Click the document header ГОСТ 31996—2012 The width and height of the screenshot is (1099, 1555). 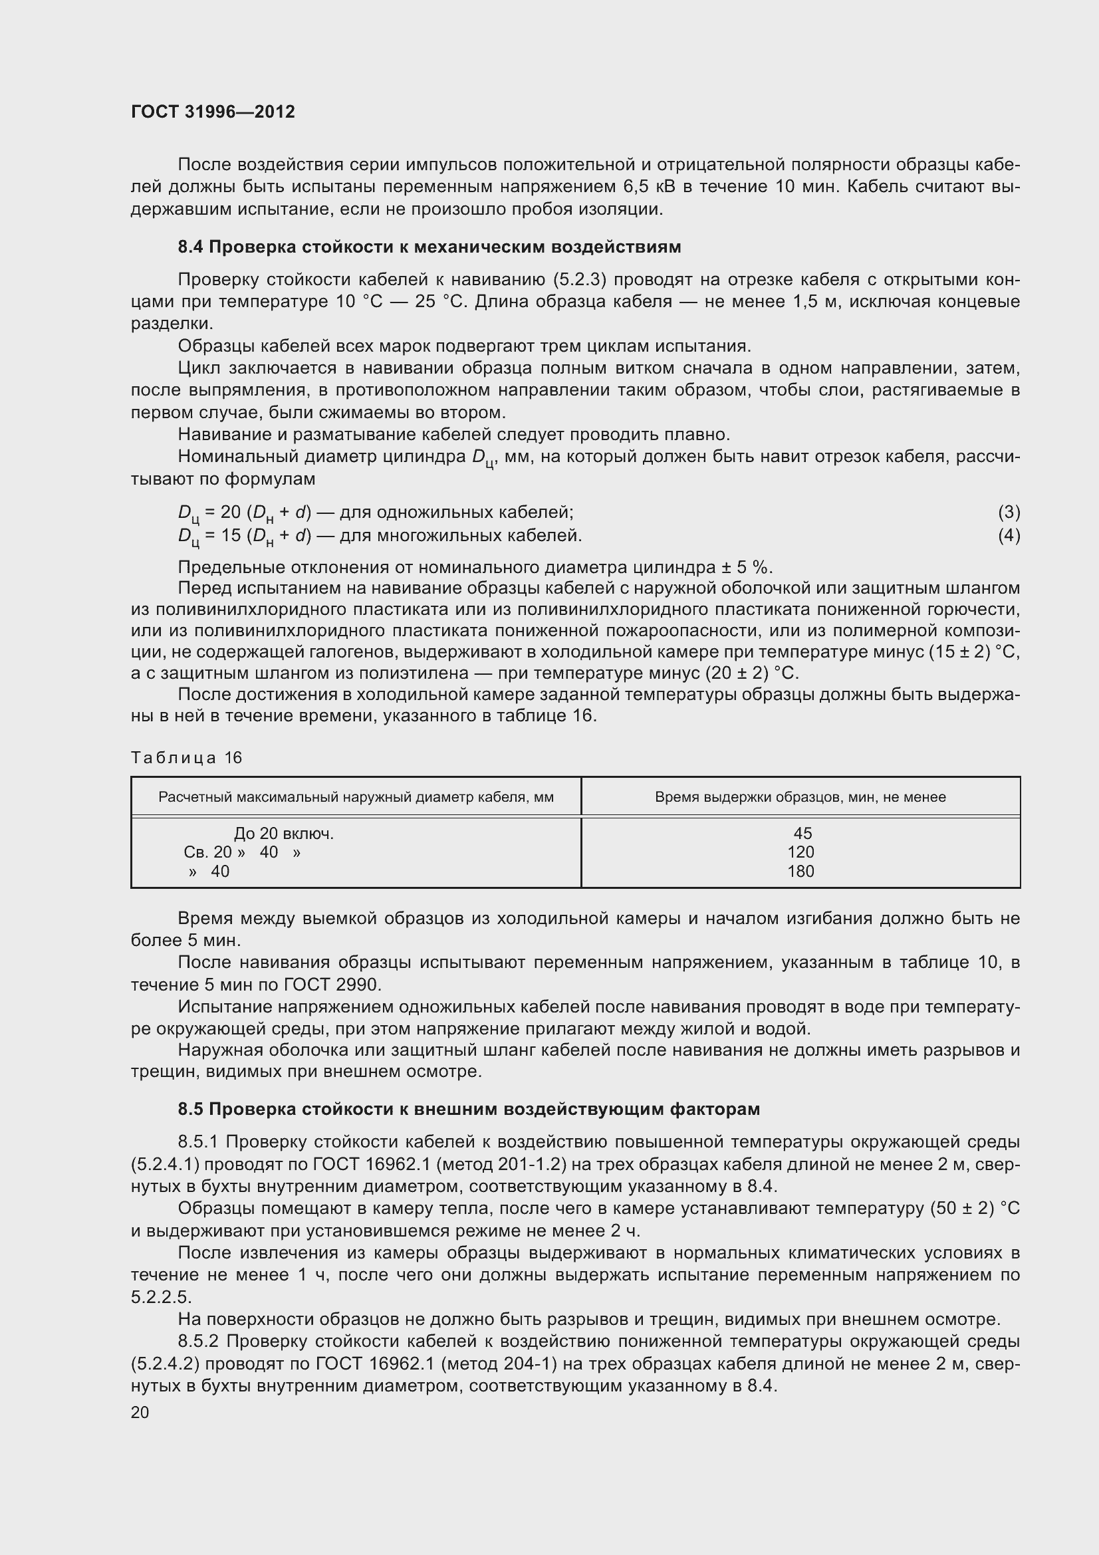point(213,112)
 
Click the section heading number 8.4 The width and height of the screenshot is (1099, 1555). point(190,247)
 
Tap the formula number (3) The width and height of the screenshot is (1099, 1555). point(1009,512)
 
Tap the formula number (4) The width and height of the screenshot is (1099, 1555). point(1009,535)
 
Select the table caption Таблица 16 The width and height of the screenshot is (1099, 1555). point(186,757)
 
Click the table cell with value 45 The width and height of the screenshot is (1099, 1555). point(802,834)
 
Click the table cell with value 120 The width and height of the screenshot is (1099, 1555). point(800,852)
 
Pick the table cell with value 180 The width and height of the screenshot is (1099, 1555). point(800,871)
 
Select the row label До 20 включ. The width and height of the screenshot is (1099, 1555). point(284,834)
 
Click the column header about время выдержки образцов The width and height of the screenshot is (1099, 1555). point(800,797)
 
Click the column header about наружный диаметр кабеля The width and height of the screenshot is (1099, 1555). point(356,797)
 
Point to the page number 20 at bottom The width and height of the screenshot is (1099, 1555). point(140,1412)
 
